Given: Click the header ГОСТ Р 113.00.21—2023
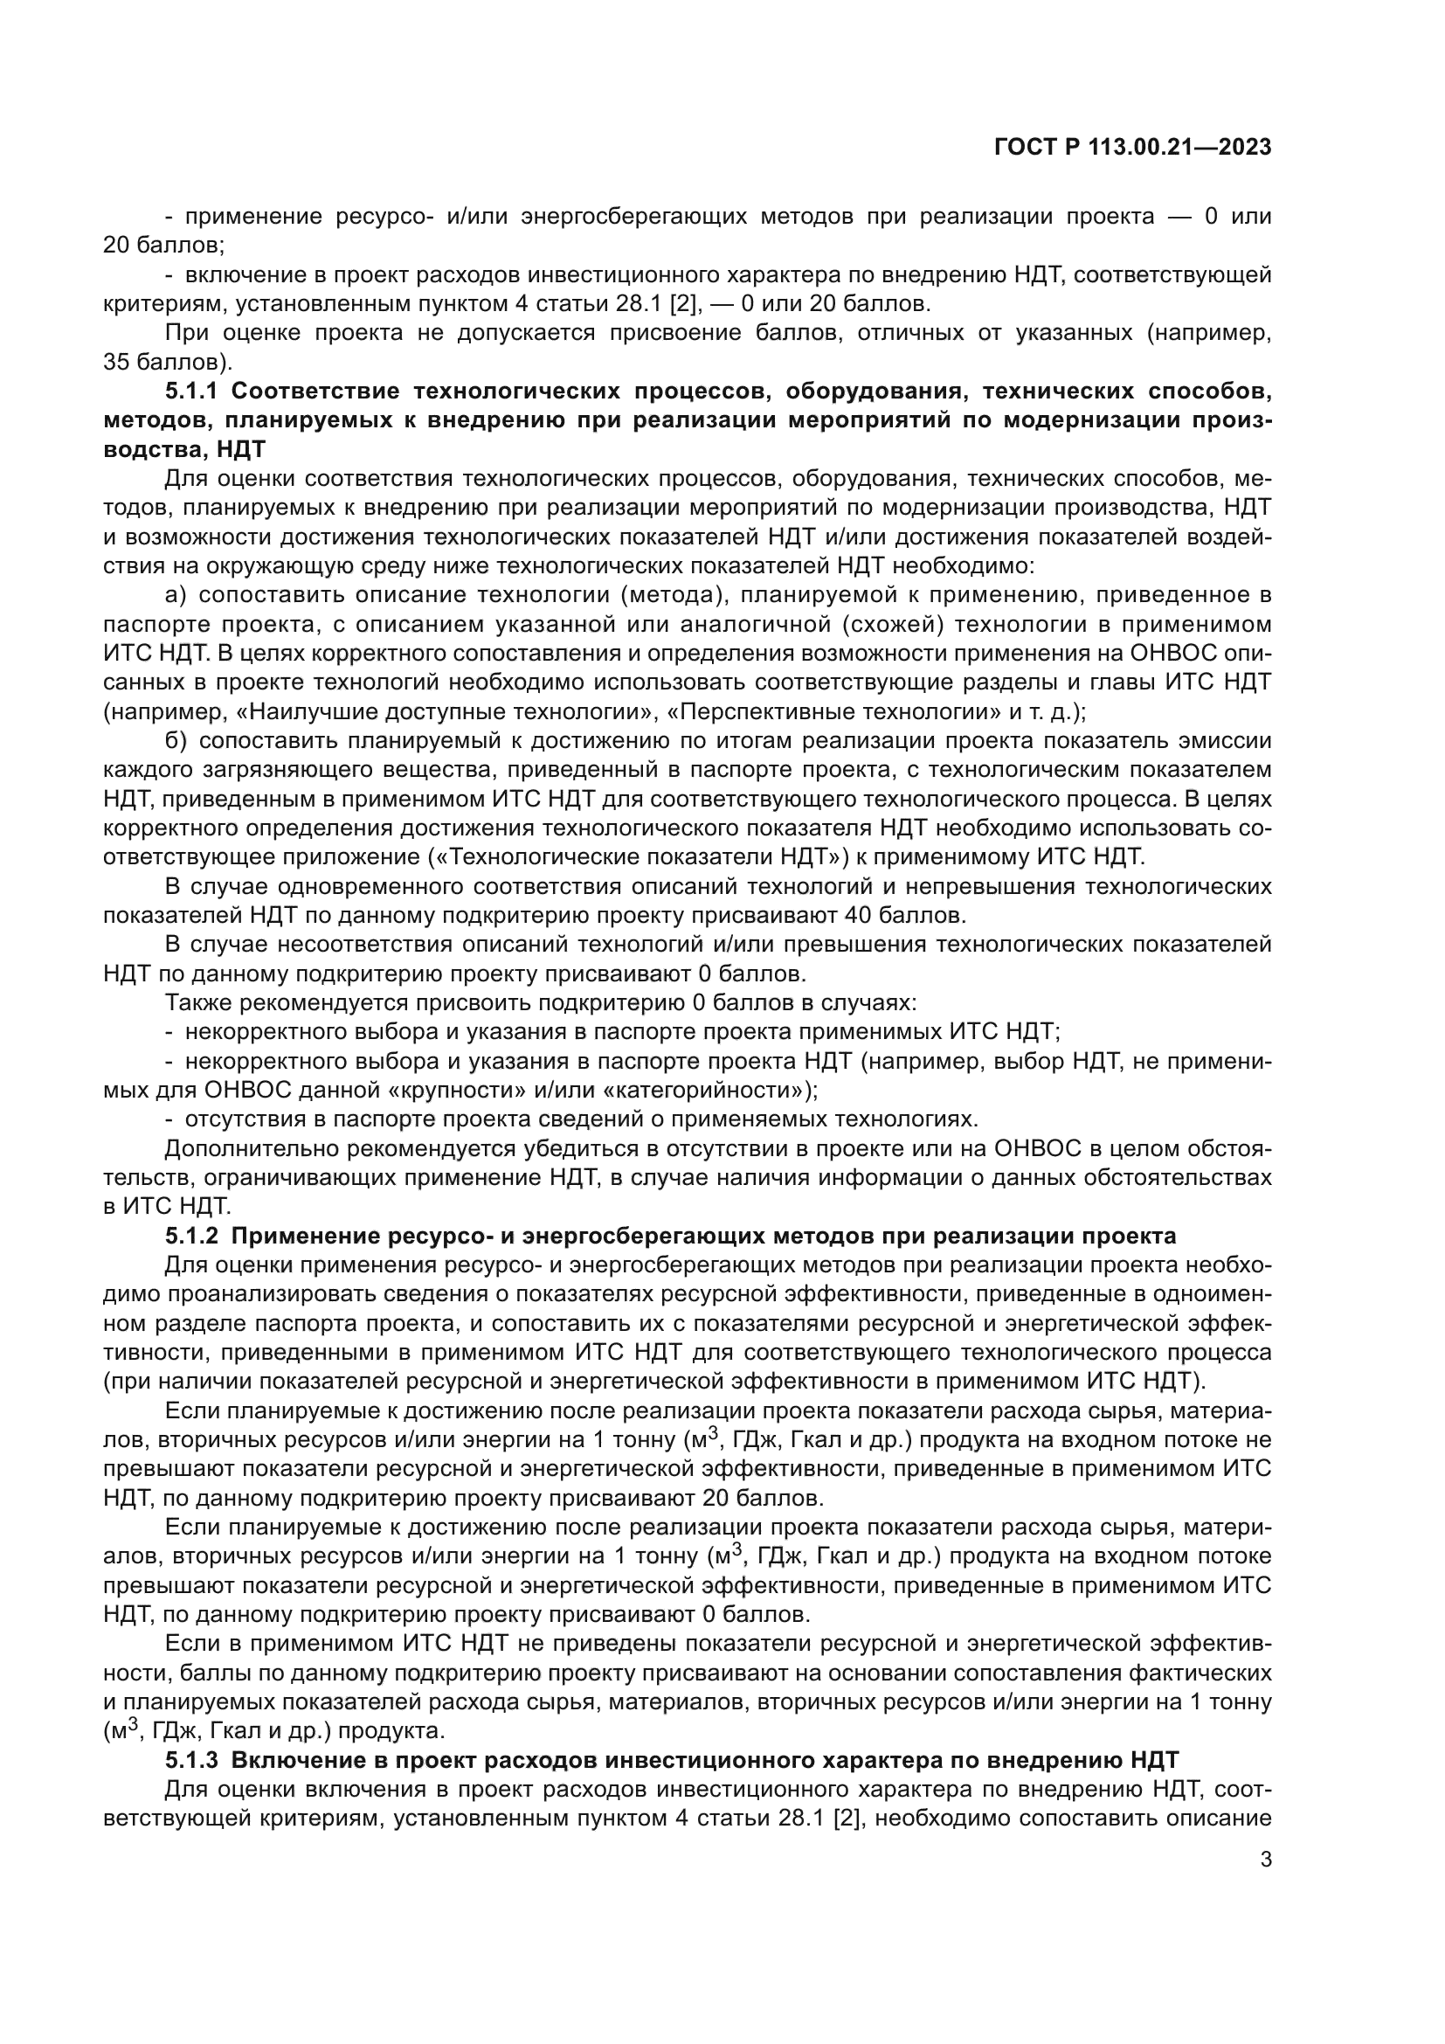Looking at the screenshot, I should [x=1131, y=148].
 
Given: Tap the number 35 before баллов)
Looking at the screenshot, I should [x=116, y=364].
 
